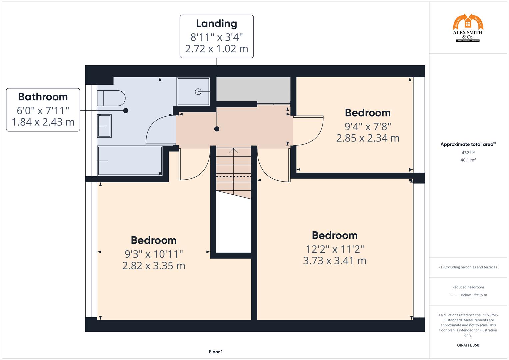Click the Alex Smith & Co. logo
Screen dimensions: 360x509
pos(468,28)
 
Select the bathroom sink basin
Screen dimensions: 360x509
pos(104,126)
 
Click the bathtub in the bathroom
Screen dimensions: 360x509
pos(129,161)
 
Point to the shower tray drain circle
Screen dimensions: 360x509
pos(198,91)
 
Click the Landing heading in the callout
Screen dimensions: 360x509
pos(216,24)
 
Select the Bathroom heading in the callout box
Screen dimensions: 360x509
pos(43,97)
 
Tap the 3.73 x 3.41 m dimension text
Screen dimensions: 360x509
pos(334,260)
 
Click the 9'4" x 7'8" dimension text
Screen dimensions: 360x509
pos(368,126)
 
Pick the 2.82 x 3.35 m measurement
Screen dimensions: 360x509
pos(154,266)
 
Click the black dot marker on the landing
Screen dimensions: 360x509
pos(217,129)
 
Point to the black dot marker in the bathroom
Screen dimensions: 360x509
pos(126,110)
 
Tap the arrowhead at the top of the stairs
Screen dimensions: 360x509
pos(233,150)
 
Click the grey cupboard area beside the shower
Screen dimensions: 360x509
pos(253,89)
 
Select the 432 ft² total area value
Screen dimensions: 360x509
pos(468,153)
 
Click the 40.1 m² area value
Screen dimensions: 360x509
pos(468,160)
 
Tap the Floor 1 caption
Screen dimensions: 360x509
pos(216,352)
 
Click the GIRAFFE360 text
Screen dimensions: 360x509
pos(468,345)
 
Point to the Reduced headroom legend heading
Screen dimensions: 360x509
pos(468,287)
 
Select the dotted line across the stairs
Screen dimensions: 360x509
pos(233,176)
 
